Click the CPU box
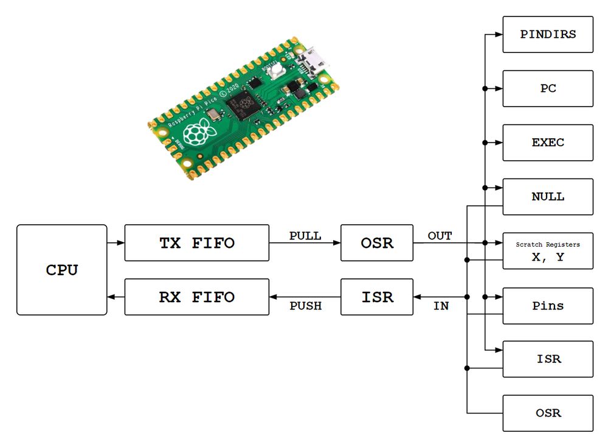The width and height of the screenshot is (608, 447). point(62,270)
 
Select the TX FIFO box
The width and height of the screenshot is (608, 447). point(196,243)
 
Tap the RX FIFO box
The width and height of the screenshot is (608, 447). point(196,297)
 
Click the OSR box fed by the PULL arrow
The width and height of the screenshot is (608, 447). point(377,243)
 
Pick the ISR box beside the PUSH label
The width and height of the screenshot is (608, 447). point(377,297)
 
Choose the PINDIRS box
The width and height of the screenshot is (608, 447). point(548,34)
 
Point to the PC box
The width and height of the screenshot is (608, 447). point(548,88)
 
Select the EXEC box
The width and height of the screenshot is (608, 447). point(548,143)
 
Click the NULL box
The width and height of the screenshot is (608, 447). point(548,197)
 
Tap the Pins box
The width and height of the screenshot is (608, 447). point(548,305)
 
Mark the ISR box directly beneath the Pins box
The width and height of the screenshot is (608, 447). point(548,359)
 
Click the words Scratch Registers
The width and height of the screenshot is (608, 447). point(548,244)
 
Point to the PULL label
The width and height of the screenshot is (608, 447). point(305,236)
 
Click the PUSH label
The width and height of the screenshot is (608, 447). point(305,306)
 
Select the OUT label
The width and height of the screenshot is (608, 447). point(440,236)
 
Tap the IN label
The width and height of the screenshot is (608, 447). point(441,306)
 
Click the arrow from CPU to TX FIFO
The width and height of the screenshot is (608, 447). point(116,243)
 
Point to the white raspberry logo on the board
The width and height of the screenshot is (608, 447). point(199,132)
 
